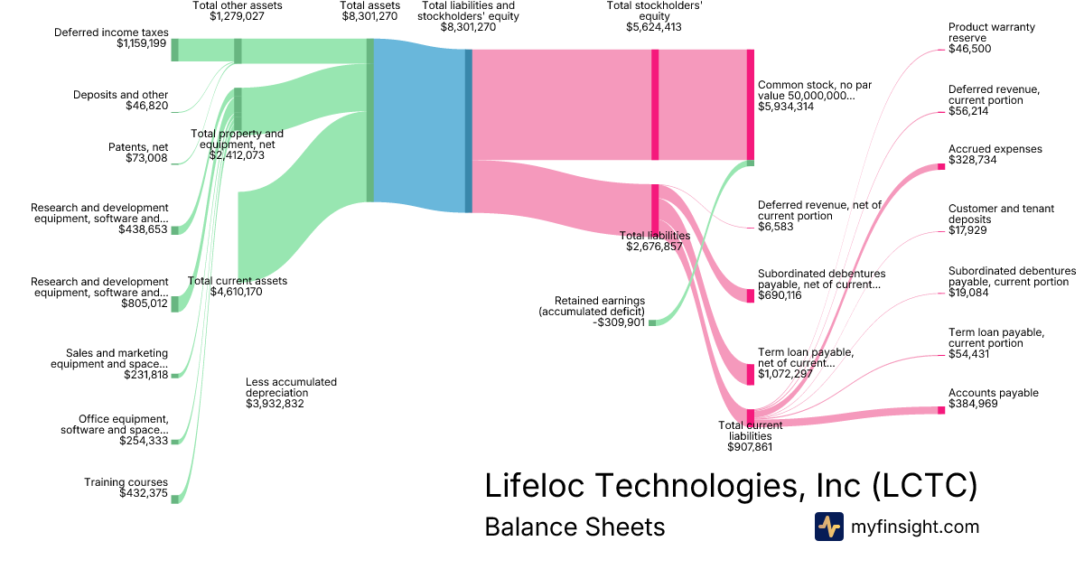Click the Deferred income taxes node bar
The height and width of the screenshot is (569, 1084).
coord(174,50)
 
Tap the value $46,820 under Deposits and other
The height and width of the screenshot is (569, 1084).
coord(147,106)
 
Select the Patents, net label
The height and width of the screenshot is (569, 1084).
coord(138,147)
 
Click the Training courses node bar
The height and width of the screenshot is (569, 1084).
coord(174,499)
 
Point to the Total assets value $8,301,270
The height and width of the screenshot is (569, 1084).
coord(369,16)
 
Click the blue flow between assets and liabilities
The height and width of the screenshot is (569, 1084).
coord(419,126)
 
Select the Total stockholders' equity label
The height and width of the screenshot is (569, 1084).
coord(654,11)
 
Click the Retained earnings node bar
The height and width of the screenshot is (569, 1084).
coord(652,322)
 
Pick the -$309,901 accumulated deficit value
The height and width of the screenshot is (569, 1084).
coord(619,322)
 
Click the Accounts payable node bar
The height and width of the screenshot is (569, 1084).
coord(941,410)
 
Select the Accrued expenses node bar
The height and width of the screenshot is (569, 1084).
coord(941,167)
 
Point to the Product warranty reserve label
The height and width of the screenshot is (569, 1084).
coord(992,33)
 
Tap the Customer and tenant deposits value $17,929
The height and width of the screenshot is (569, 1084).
coord(967,230)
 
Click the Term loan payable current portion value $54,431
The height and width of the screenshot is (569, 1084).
coord(968,354)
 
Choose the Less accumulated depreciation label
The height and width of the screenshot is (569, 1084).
coord(291,387)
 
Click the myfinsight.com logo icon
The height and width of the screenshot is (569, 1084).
coord(829,527)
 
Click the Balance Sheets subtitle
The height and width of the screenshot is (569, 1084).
coord(575,527)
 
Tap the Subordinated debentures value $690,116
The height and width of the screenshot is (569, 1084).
coord(780,295)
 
